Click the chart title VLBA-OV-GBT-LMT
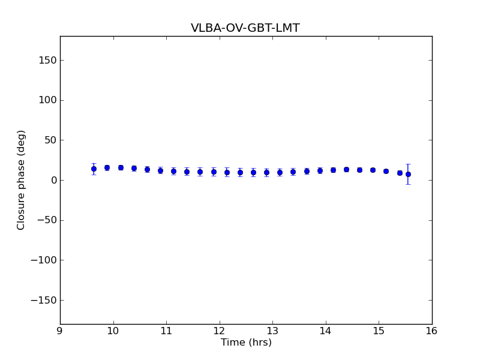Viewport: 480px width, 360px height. (245, 28)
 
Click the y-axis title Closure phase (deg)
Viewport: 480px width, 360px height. (22, 180)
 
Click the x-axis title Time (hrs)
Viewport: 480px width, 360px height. (246, 343)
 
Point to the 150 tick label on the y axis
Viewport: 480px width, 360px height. (48, 60)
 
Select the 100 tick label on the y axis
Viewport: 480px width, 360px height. (48, 100)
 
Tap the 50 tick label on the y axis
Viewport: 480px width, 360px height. (50, 140)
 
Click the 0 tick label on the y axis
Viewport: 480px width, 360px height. (53, 180)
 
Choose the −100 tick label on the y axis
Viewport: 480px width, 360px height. (44, 260)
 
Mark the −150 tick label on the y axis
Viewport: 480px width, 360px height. (44, 300)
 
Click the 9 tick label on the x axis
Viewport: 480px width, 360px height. (60, 331)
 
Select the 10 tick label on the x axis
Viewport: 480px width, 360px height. (113, 331)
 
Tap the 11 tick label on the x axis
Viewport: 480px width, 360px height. (166, 331)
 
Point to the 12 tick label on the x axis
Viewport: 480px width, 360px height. (220, 331)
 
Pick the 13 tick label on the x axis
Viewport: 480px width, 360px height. (272, 331)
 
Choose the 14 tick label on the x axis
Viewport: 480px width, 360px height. (326, 331)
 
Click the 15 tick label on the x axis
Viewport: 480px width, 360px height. (379, 331)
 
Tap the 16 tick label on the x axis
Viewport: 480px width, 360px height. (432, 331)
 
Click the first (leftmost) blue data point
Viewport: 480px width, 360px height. (94, 169)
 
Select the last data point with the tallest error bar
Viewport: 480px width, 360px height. (408, 174)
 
